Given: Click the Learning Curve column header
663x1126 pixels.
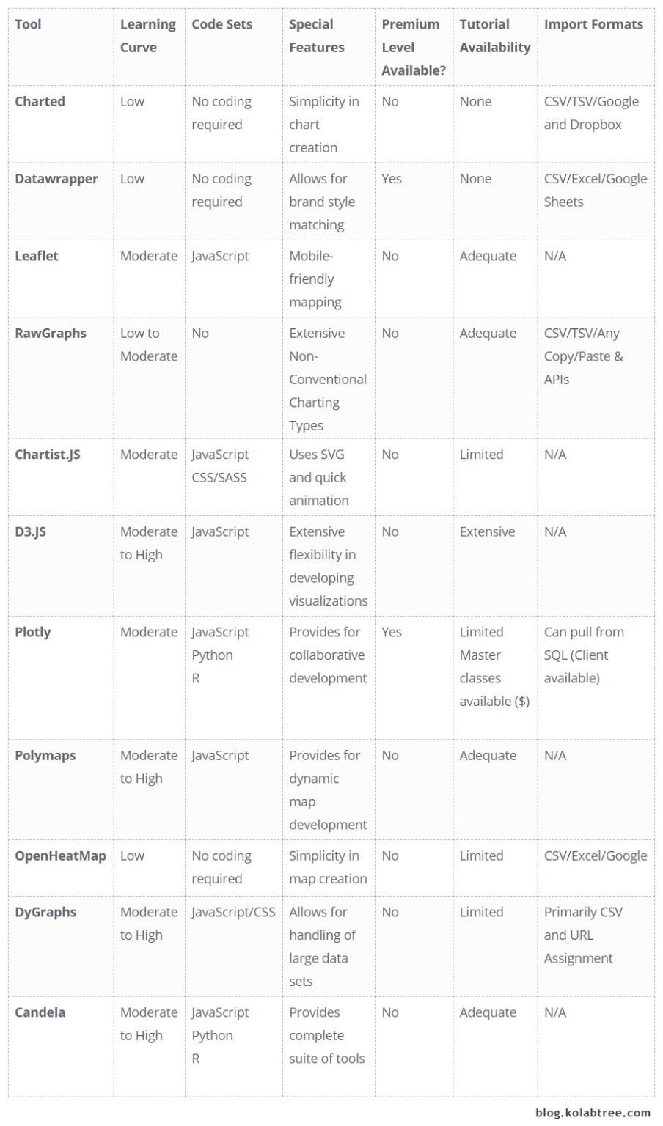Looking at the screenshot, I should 147,35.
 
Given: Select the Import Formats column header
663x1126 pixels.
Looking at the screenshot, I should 593,24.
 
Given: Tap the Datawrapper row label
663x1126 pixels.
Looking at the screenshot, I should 56,179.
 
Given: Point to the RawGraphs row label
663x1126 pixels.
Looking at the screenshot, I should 50,333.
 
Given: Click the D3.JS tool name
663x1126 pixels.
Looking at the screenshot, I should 30,531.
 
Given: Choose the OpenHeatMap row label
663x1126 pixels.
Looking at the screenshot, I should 60,855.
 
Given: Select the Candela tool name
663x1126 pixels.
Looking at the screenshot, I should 40,1012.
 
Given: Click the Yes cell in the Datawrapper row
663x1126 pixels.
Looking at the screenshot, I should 392,179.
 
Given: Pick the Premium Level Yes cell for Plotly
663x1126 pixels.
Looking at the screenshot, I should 392,632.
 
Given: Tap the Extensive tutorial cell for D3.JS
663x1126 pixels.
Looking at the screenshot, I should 487,531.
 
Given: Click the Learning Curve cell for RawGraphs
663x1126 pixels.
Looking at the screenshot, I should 148,345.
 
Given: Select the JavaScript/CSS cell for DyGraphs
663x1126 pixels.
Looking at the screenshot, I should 233,912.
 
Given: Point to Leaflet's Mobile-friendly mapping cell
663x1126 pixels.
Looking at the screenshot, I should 315,279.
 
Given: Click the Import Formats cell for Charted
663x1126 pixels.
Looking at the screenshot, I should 591,113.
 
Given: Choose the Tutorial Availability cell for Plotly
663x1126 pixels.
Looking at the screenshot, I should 494,666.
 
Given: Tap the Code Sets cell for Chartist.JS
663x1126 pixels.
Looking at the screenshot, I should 220,466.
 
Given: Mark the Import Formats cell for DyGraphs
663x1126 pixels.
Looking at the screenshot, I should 582,935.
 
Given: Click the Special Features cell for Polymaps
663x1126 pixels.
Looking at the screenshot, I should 327,790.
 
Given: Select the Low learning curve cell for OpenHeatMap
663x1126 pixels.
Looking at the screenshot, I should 132,855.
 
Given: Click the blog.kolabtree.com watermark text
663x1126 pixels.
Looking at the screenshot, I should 593,1113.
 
